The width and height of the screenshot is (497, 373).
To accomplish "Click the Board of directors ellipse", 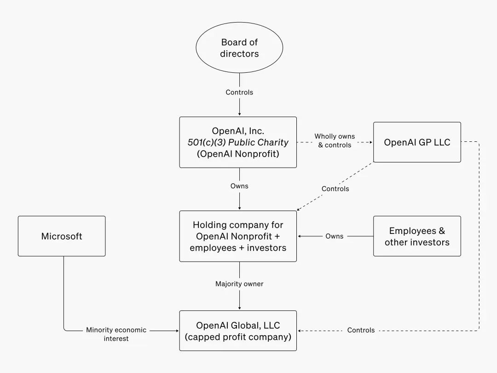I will pos(239,48).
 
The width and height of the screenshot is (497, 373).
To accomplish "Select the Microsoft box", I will pos(62,236).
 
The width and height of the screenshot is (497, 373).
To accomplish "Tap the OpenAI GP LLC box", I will pos(417,142).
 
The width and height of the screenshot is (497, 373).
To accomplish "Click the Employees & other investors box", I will pos(417,236).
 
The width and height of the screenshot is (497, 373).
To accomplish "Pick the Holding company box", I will pos(238,236).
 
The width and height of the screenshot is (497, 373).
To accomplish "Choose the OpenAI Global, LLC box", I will pos(238,331).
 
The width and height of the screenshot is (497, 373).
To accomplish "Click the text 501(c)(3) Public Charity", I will pos(238,142).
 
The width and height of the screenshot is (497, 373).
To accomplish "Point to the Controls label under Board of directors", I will pos(239,92).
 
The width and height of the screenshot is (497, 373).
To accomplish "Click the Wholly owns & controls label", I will pos(335,141).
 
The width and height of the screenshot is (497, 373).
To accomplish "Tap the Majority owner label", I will pos(239,284).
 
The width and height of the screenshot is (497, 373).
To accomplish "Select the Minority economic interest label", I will pos(116,334).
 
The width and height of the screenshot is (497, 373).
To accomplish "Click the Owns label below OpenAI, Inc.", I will pos(239,186).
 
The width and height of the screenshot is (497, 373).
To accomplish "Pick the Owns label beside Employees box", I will pos(335,236).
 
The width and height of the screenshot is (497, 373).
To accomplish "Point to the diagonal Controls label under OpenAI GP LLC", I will pos(335,189).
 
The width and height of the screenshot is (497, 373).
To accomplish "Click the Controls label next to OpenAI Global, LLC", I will pos(361,330).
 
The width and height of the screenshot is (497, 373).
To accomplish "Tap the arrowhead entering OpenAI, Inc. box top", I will pos(239,114).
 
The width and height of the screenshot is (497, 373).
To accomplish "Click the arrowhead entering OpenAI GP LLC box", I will pos(370,142).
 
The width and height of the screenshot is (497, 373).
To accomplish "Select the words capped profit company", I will pos(238,337).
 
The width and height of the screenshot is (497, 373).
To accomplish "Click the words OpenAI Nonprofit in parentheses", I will pos(238,154).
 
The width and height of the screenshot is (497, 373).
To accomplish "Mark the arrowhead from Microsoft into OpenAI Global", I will pos(177,331).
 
